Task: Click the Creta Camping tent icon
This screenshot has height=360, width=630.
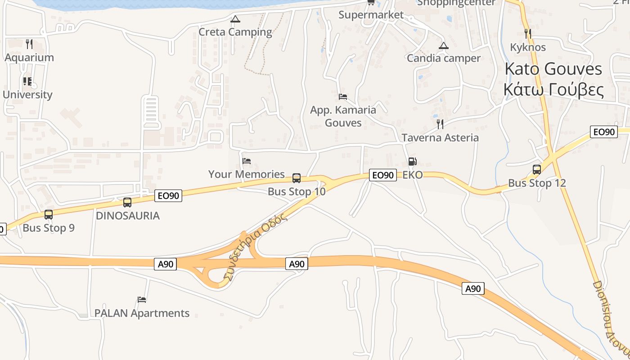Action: click(235, 19)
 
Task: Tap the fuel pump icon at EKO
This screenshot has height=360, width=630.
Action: click(412, 161)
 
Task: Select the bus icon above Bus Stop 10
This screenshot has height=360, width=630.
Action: click(297, 178)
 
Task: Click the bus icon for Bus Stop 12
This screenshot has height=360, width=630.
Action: click(536, 170)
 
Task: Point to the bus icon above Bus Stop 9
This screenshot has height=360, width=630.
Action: click(49, 215)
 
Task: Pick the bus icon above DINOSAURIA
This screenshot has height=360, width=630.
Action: click(127, 202)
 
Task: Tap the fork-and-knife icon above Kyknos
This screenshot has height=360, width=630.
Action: click(528, 34)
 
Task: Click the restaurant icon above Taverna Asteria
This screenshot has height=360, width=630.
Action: click(440, 124)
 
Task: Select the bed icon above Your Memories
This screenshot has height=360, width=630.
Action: click(246, 161)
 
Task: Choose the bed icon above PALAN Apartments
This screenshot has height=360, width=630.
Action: click(142, 299)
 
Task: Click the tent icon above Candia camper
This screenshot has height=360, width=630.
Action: click(444, 45)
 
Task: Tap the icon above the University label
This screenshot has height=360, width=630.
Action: click(27, 81)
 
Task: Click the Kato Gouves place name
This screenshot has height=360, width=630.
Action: click(553, 69)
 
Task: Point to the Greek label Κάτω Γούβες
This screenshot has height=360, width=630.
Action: click(553, 90)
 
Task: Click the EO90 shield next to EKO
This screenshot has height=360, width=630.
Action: click(382, 175)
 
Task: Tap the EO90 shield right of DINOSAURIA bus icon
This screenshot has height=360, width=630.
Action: click(169, 196)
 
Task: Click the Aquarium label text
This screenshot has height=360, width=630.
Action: click(29, 58)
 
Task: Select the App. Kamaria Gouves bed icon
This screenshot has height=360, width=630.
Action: click(343, 96)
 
